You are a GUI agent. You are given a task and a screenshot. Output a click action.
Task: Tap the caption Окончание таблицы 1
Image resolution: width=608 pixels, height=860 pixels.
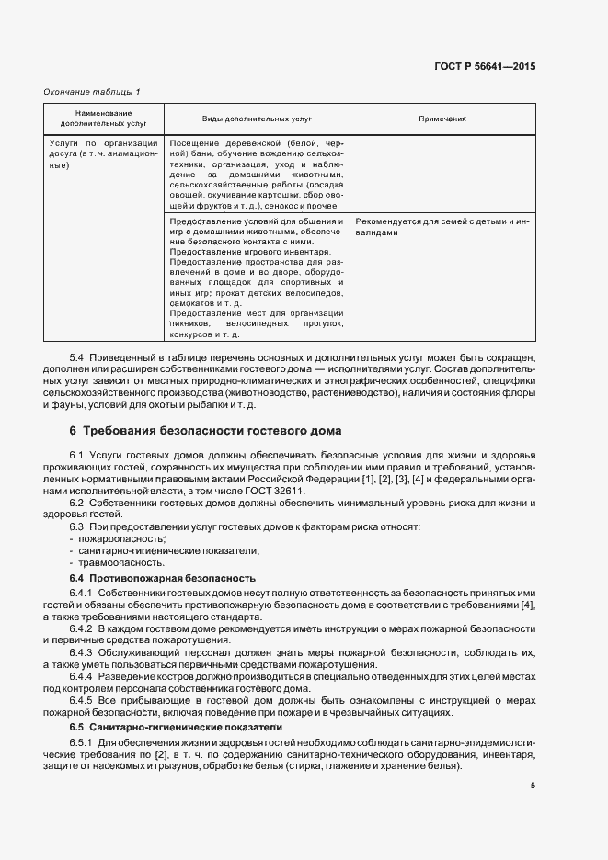pyautogui.click(x=93, y=91)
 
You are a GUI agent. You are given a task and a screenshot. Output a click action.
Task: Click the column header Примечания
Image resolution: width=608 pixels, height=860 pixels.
pyautogui.click(x=442, y=119)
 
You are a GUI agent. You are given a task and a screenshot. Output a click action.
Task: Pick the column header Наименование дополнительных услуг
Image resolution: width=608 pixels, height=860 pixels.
pyautogui.click(x=104, y=119)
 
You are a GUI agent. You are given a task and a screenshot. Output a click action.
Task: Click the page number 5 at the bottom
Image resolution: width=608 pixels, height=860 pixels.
pyautogui.click(x=533, y=785)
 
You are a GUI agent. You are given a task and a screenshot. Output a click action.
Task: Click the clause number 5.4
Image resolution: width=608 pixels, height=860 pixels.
pyautogui.click(x=77, y=356)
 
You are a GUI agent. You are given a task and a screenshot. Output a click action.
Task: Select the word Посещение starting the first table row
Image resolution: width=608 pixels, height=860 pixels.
pyautogui.click(x=193, y=144)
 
